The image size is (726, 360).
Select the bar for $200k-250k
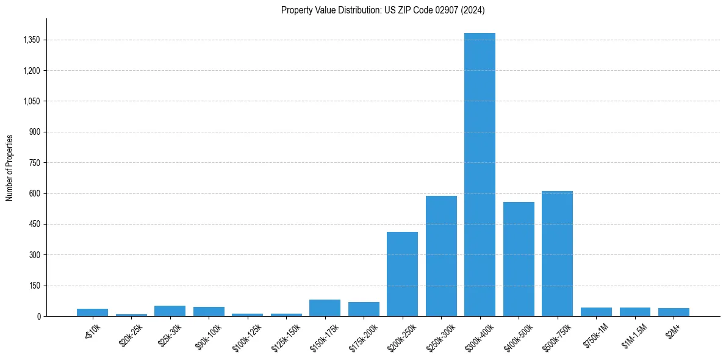(402, 274)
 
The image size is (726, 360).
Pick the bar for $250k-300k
(441, 256)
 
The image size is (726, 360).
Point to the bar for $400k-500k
(519, 259)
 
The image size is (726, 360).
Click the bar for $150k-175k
(325, 308)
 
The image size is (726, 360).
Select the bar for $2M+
(674, 312)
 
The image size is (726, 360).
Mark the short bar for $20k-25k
(131, 315)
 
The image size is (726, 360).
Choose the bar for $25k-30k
(170, 311)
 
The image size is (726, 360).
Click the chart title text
(383, 10)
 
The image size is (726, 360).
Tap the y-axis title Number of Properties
(10, 167)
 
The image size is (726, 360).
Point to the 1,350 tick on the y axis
(31, 40)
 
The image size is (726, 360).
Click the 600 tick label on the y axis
(35, 193)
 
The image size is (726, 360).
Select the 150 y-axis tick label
(35, 286)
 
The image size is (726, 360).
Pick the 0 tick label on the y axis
(38, 316)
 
